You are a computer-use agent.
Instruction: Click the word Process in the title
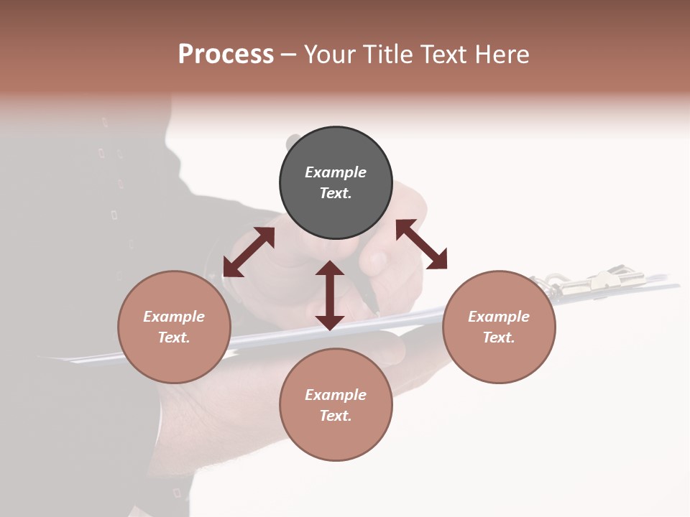tap(226, 55)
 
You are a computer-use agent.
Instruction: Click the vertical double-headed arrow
tap(330, 295)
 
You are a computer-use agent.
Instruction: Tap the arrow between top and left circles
tap(249, 251)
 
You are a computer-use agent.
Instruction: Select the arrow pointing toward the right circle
tap(421, 244)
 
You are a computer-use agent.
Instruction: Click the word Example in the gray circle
tap(336, 172)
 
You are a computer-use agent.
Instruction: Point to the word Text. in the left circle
tap(174, 337)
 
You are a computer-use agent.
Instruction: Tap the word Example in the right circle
tap(499, 317)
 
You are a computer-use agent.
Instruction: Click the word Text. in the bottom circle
tap(336, 416)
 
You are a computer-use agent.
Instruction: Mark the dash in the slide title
tap(288, 55)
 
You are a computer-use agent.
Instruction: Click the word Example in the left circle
tap(174, 317)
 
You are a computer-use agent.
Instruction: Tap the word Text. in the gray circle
tap(336, 193)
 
